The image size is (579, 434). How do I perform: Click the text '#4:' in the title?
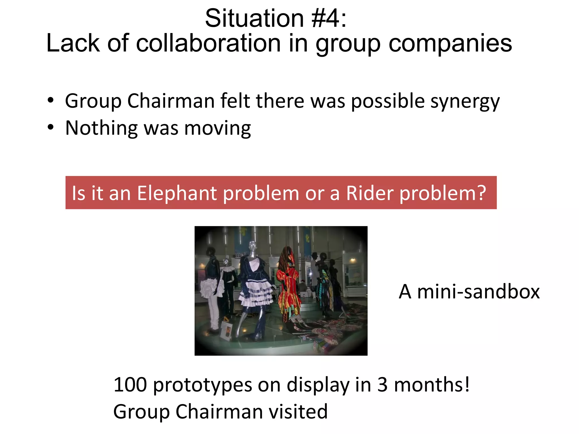coord(329,18)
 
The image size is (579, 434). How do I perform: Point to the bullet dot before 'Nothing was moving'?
coord(51,127)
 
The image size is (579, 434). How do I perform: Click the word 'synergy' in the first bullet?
coord(465,101)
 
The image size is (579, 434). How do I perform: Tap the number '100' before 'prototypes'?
coord(130,385)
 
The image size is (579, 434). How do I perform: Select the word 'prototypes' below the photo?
coord(202,385)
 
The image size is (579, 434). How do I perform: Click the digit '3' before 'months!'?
coord(382,385)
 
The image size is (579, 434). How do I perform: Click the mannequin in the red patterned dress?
coord(288,285)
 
